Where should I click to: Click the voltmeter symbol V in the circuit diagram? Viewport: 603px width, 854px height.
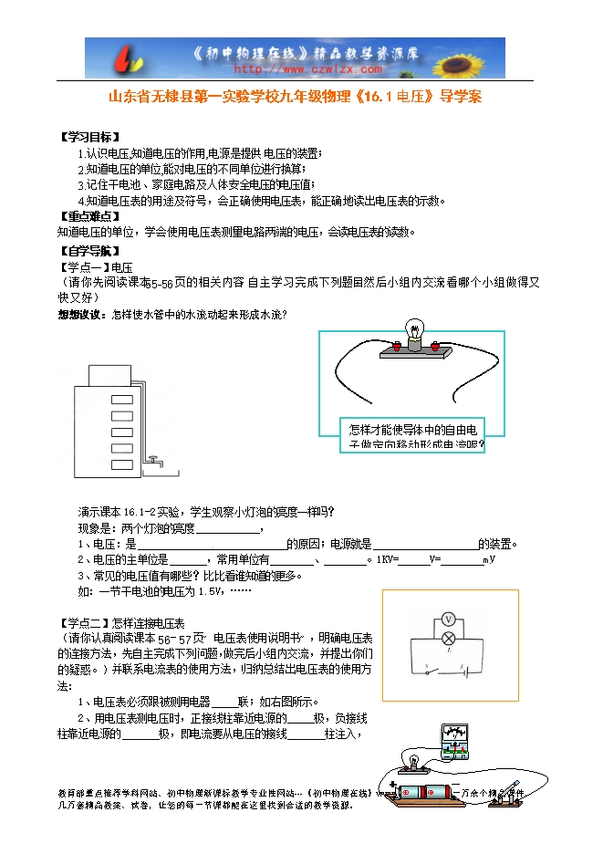pyautogui.click(x=448, y=619)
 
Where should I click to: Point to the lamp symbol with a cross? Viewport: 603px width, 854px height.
pyautogui.click(x=448, y=639)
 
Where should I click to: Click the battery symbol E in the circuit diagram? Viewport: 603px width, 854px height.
pyautogui.click(x=464, y=673)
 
